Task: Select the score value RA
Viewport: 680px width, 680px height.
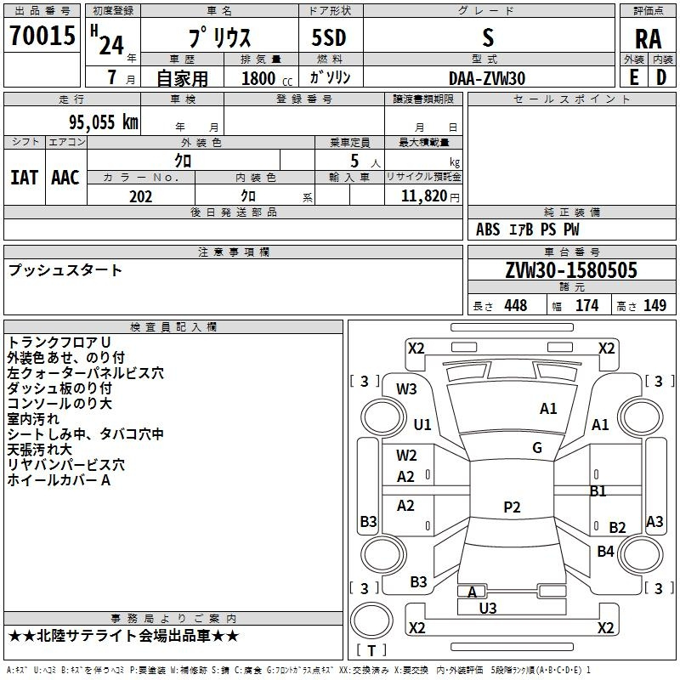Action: tap(648, 38)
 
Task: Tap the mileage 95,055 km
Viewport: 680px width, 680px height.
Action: tap(97, 122)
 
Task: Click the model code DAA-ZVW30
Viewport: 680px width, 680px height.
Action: tap(487, 77)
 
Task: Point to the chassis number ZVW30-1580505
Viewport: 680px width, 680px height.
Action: tap(571, 271)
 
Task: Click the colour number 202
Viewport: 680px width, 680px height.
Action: tap(140, 196)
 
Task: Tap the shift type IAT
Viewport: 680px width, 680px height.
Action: tap(24, 178)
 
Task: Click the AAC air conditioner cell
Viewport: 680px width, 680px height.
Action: tap(65, 178)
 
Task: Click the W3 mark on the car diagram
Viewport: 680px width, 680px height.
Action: tap(406, 389)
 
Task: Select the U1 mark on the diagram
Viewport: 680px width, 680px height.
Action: tap(422, 424)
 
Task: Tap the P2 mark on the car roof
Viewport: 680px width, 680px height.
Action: tap(511, 507)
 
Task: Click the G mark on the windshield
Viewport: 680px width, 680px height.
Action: tap(536, 448)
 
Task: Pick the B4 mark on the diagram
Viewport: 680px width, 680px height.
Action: tap(605, 552)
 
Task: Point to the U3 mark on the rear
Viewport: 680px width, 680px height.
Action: tap(488, 608)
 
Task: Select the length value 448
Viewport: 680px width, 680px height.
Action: tap(515, 306)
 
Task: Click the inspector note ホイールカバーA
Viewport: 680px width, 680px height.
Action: tap(59, 480)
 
